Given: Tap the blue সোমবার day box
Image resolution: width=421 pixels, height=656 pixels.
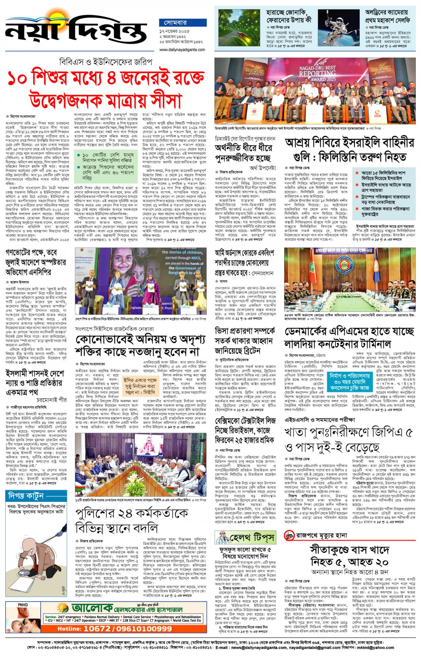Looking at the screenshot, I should pos(176,23).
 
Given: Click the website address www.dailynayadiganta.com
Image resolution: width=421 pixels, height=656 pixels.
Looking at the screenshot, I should pos(182,50).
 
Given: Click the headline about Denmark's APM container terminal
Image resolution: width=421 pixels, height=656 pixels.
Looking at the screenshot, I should pos(349,337).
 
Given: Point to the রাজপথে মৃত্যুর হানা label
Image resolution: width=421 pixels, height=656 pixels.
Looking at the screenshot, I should pos(316,535).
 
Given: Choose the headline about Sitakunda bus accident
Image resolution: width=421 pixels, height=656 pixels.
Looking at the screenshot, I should pos(349,555).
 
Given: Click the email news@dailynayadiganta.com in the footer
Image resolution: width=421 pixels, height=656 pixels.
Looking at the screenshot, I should pos(258,648).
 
